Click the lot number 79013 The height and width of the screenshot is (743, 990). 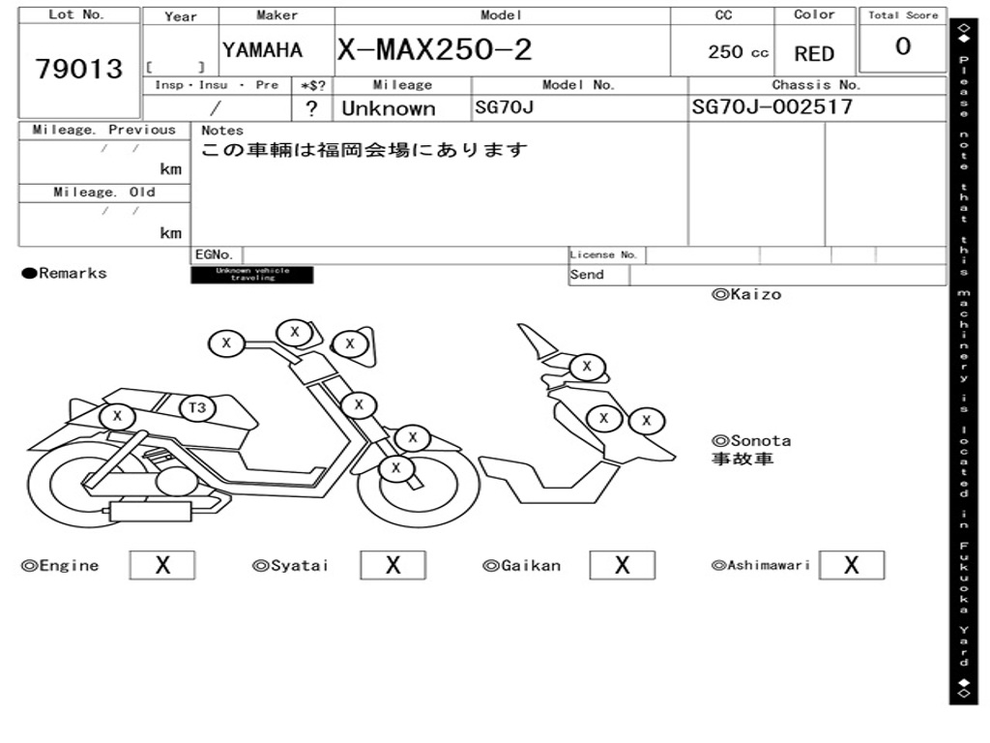pos(79,69)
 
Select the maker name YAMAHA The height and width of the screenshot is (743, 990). pos(262,50)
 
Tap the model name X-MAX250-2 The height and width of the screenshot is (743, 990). pos(434,49)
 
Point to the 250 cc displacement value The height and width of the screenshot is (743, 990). pos(738,52)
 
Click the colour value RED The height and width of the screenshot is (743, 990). pos(814,54)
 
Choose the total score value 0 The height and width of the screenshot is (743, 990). pos(902,46)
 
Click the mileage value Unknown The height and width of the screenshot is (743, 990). pos(388,108)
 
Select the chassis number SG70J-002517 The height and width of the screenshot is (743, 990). pos(772,106)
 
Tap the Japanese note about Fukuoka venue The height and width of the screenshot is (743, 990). pos(364,151)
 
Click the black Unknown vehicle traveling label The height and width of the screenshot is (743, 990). pos(252,275)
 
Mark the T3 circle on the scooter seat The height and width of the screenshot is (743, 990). pos(197,407)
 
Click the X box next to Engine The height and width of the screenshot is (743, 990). pos(161,565)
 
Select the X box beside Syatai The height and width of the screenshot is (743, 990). pos(393,565)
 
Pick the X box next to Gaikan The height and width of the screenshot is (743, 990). pos(622,565)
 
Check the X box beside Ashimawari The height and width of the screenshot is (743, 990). pos(851,565)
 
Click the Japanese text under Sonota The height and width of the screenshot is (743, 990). pos(742,460)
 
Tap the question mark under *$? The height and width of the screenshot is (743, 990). pos(311,108)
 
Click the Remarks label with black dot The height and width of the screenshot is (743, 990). pos(65,274)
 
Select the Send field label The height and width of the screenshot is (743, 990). pos(587,275)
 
